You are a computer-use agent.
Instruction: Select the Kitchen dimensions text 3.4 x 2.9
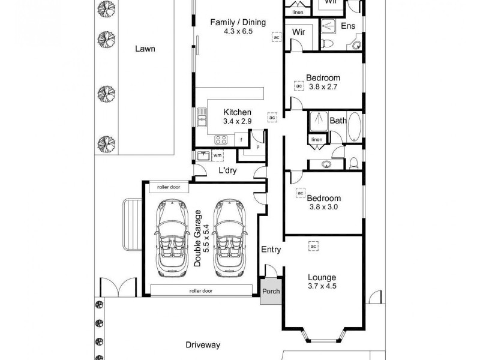point(237,121)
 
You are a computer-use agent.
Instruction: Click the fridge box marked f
point(241,140)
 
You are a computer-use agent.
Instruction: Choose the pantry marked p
point(257,146)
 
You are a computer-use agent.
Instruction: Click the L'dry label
point(227,170)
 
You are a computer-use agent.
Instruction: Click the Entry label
point(271,250)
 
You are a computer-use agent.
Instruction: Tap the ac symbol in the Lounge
point(313,246)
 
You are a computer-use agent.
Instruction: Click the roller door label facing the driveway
point(201,291)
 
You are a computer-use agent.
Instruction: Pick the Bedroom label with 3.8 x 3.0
point(323,199)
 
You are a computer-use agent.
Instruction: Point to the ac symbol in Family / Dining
point(276,37)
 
